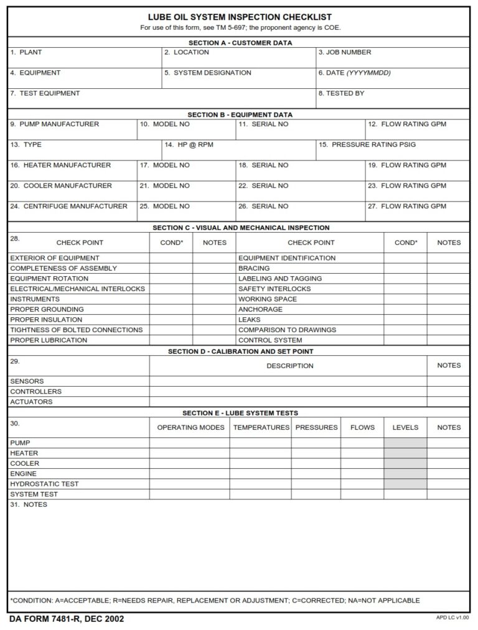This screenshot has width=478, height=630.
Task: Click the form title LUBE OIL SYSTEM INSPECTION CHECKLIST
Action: (240, 17)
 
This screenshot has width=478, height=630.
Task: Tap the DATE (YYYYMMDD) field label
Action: (354, 73)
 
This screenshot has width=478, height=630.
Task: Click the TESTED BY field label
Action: (341, 93)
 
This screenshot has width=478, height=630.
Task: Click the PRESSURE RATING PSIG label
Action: (367, 145)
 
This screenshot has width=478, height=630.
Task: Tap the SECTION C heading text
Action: (241, 228)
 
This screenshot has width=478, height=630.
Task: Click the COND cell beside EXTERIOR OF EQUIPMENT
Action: (171, 258)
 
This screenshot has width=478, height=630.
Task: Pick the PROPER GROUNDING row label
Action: (47, 309)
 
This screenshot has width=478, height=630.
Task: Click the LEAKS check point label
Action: (249, 320)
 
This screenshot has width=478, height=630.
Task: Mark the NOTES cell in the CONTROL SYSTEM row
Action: (449, 340)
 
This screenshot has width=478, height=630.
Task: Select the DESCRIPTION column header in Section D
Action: (289, 366)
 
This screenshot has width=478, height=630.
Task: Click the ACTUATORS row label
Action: (31, 402)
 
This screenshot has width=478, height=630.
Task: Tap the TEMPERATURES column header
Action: (261, 428)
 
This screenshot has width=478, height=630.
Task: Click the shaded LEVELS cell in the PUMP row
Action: (405, 443)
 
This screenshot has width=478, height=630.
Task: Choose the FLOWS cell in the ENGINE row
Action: (362, 474)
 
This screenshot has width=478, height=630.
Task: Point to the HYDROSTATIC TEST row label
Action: (44, 484)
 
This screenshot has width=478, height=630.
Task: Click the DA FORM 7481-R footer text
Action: (67, 619)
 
